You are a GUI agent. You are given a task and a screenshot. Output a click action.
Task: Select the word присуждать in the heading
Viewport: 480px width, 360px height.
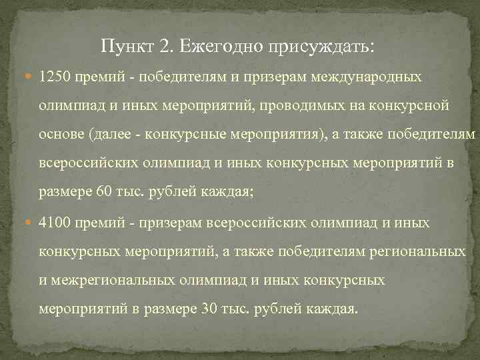point(322,47)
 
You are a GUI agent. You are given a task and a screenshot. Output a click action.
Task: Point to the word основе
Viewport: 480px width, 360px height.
point(59,135)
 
